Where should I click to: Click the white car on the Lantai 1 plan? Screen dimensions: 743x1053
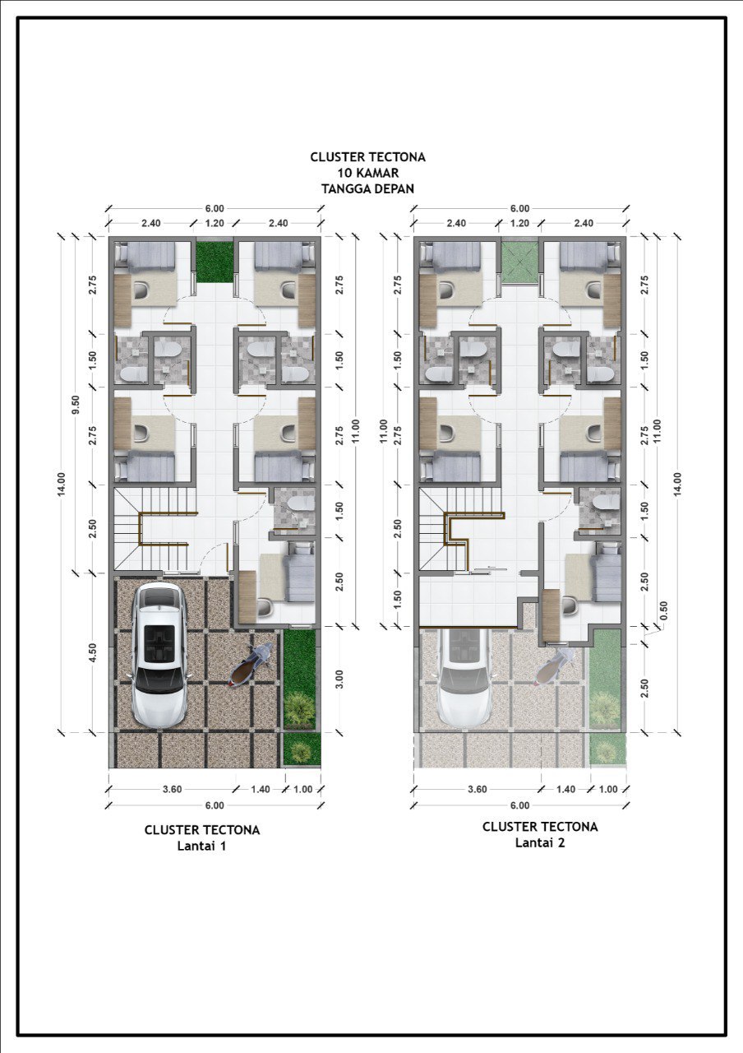click(x=157, y=656)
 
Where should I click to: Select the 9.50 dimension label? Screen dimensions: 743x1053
click(x=76, y=404)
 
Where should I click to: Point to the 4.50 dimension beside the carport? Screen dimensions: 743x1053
click(x=93, y=653)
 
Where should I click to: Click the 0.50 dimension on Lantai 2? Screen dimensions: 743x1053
click(x=663, y=610)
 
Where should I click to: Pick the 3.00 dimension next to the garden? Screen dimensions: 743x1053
click(x=339, y=679)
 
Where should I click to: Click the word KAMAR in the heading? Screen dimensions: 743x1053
click(x=374, y=173)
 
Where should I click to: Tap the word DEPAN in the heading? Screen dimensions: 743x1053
click(x=392, y=188)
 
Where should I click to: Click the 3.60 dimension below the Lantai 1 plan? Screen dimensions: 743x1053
click(x=172, y=789)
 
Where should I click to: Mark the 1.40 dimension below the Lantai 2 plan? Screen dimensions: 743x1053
click(x=565, y=789)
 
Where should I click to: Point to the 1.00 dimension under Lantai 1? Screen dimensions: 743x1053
click(x=303, y=789)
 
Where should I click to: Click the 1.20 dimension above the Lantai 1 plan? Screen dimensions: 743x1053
click(x=215, y=223)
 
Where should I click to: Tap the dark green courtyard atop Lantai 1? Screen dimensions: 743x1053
click(x=215, y=262)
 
